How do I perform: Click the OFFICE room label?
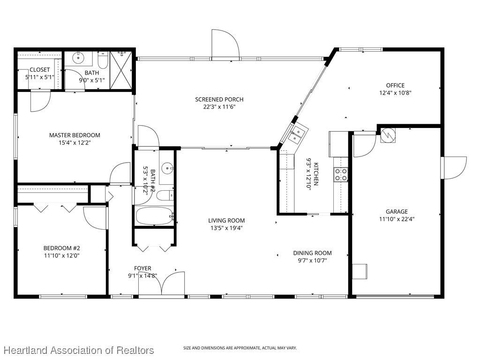[395, 85]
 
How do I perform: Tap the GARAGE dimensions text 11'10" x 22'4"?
[397, 219]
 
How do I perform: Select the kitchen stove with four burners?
[341, 174]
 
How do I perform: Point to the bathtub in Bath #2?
[154, 216]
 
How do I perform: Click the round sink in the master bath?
[79, 57]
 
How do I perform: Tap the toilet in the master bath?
[103, 60]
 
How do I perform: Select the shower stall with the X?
[121, 70]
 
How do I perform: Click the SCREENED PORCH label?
[219, 99]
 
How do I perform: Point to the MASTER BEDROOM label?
[75, 135]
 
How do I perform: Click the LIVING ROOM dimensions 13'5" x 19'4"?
[226, 228]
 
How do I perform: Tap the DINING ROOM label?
[312, 253]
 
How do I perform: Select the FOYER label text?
[142, 269]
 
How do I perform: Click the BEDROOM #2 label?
[61, 248]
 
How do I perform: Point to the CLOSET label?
[40, 70]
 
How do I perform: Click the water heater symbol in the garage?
[388, 135]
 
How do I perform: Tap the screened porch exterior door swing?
[225, 43]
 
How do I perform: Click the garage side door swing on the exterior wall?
[454, 168]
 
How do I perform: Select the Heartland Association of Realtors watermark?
[79, 350]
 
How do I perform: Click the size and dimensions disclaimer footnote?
[240, 348]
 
